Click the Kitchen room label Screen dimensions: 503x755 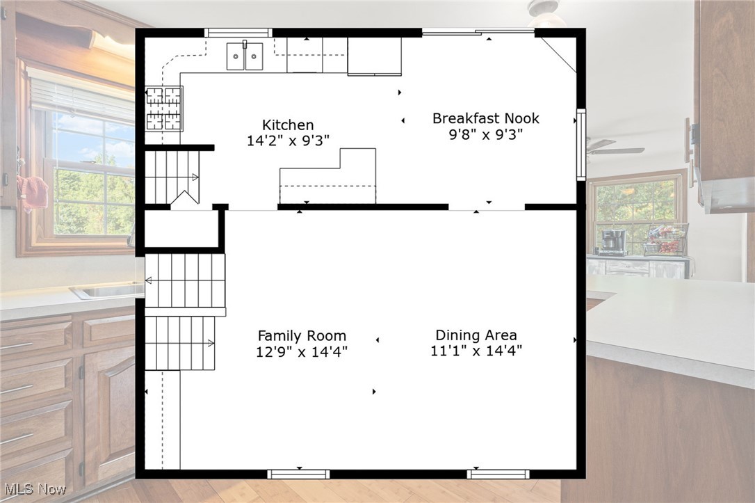tap(288, 125)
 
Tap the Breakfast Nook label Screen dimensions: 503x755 tap(485, 118)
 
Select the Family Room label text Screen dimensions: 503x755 tap(302, 335)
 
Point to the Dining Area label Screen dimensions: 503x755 tap(476, 335)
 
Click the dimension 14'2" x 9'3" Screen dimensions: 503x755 tap(288, 141)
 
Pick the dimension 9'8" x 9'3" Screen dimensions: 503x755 tap(485, 134)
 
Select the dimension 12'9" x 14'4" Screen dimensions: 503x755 tap(302, 351)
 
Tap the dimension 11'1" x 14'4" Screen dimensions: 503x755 tap(476, 351)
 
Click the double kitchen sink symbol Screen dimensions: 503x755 tap(245, 56)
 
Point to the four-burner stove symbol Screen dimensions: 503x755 tap(163, 109)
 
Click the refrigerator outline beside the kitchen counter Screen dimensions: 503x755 tap(374, 56)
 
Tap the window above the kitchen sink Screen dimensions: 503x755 tap(238, 32)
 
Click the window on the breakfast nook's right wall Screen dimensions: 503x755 tap(581, 145)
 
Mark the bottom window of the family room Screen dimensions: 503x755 tap(298, 474)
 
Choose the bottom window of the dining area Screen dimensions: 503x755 tap(498, 474)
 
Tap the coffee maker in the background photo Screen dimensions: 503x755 tap(612, 242)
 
